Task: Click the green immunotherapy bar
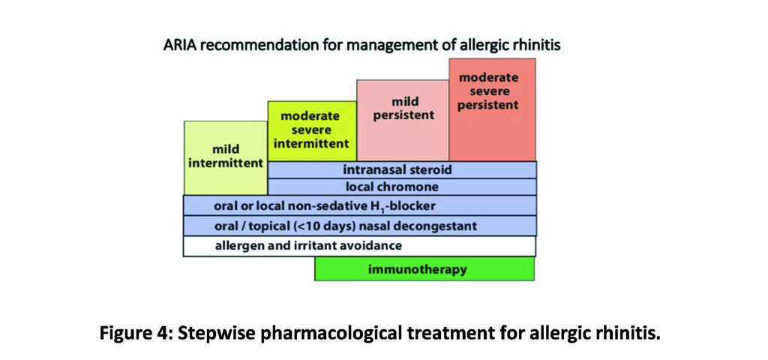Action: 424,269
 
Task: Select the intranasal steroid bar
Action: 402,170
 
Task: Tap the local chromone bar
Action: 402,187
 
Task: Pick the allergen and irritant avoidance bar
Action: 359,246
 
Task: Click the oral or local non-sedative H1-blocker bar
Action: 359,205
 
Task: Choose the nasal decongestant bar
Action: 359,226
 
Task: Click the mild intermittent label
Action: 226,156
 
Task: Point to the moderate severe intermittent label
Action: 311,130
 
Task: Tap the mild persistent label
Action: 404,109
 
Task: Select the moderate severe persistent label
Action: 487,91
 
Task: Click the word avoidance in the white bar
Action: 371,245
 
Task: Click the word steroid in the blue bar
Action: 431,170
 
